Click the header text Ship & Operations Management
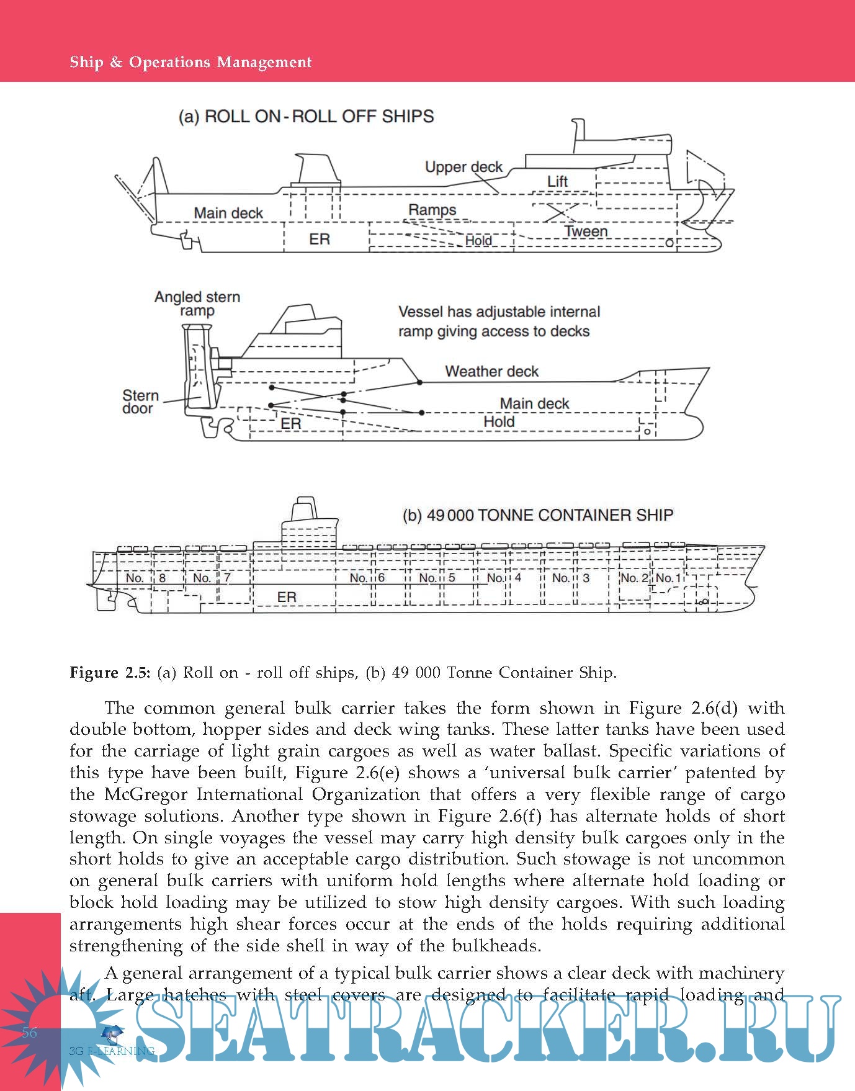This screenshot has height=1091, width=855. [x=190, y=62]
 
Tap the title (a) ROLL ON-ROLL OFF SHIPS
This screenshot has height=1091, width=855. [x=306, y=117]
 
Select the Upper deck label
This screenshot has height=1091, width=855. [x=463, y=167]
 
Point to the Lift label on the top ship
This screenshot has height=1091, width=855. [x=557, y=181]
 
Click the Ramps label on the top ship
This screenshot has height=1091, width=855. [x=432, y=210]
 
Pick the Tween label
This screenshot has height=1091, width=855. [x=586, y=231]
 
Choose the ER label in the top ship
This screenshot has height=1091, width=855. [x=320, y=240]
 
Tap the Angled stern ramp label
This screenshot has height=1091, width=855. [x=197, y=303]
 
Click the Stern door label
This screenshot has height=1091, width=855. [x=140, y=402]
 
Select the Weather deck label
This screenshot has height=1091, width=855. [x=491, y=371]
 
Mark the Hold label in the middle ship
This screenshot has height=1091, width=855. [x=499, y=422]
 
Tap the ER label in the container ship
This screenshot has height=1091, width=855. [x=287, y=597]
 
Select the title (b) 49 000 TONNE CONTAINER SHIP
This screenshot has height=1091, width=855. [x=537, y=515]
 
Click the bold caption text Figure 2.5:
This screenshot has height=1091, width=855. [x=110, y=673]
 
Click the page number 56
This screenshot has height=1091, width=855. [x=29, y=1032]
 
